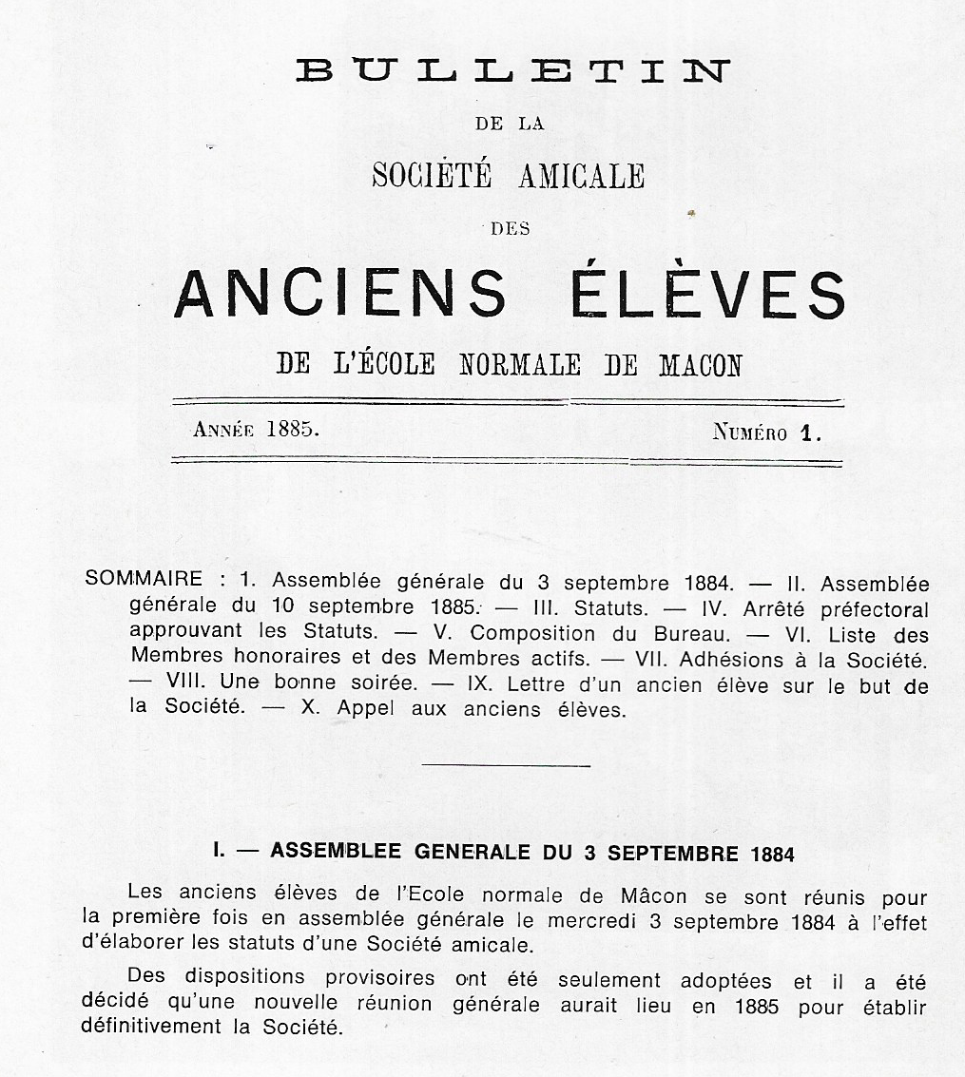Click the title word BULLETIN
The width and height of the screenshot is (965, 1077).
pyautogui.click(x=512, y=71)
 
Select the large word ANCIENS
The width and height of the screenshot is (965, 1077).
pyautogui.click(x=340, y=295)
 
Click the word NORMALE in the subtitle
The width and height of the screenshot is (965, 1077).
pyautogui.click(x=520, y=365)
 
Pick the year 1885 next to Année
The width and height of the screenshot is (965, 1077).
pyautogui.click(x=292, y=429)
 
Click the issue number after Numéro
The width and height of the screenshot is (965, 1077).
pyautogui.click(x=809, y=433)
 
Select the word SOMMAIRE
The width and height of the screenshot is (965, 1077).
pyautogui.click(x=144, y=579)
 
